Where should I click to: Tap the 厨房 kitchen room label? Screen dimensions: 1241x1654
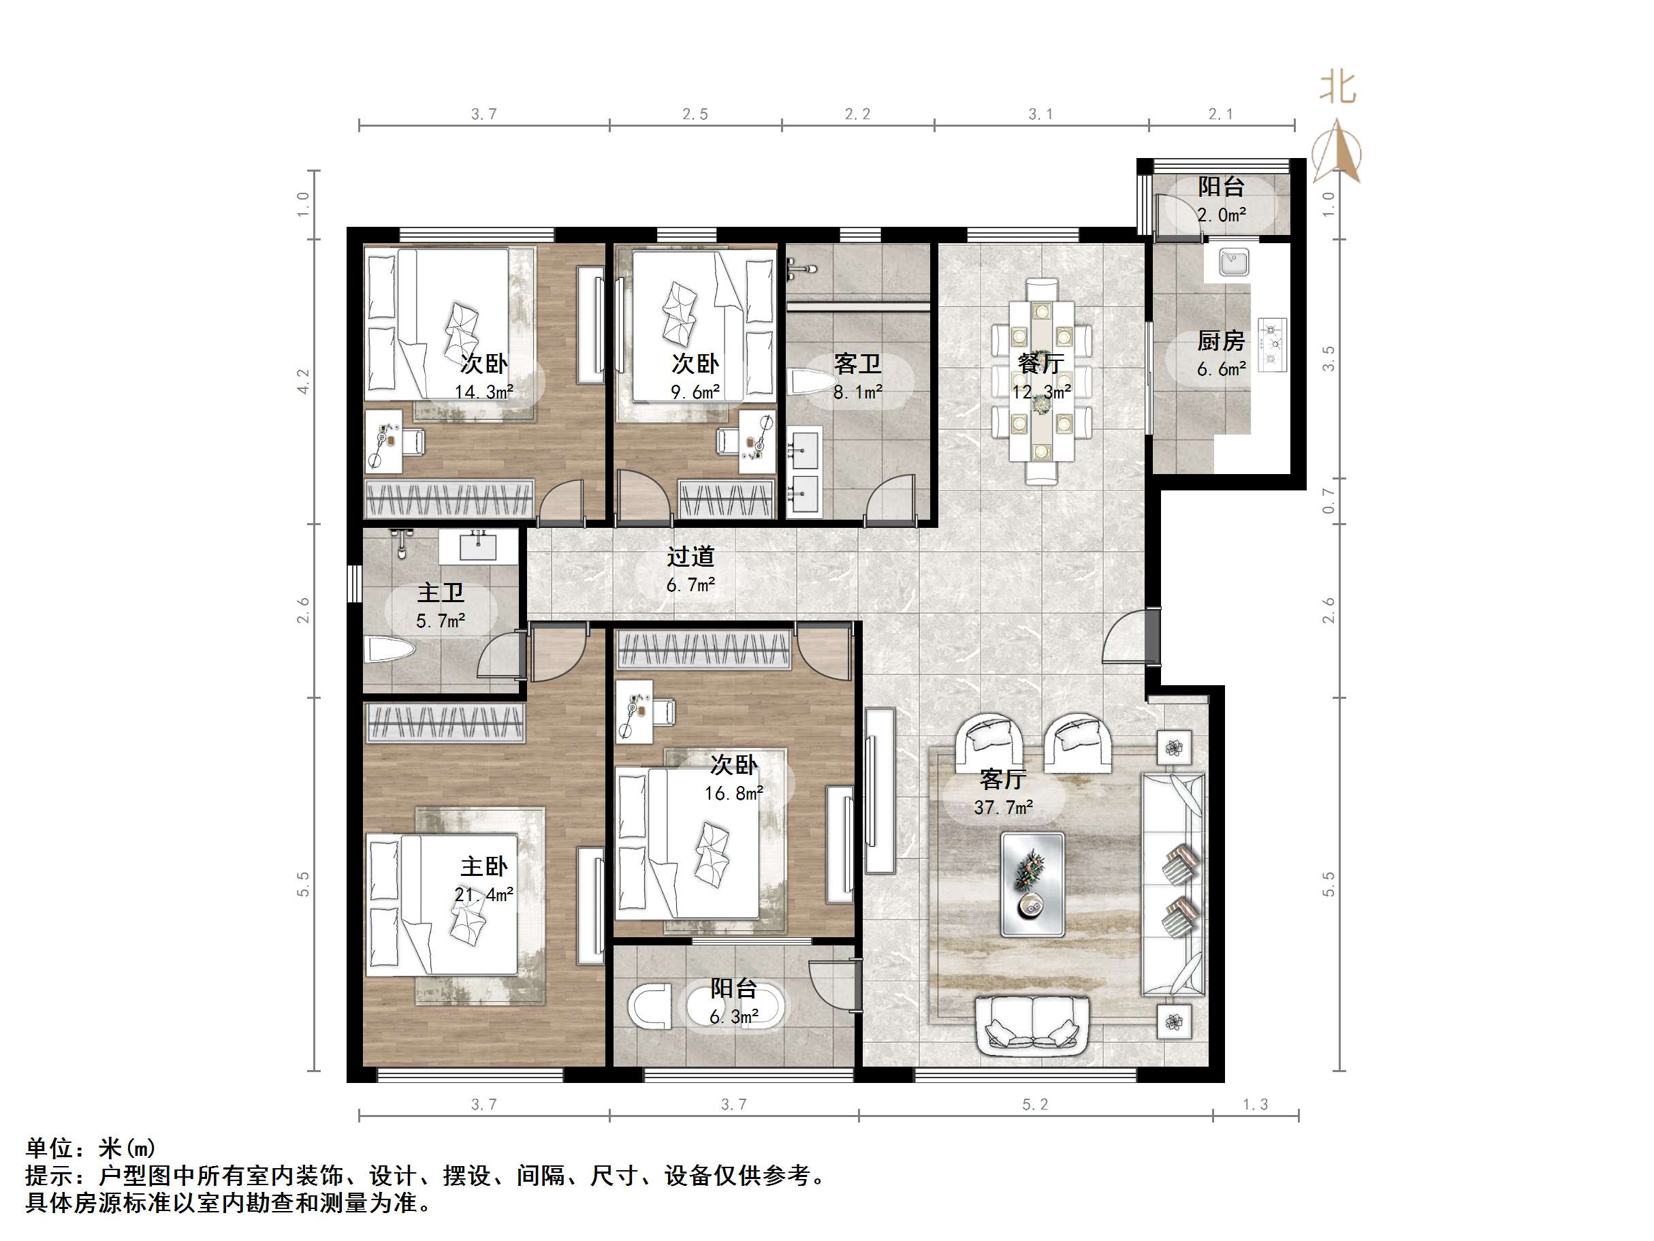pyautogui.click(x=1220, y=341)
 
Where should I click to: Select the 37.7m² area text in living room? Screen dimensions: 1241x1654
pyautogui.click(x=1004, y=807)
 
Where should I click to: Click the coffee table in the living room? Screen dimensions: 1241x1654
pyautogui.click(x=1032, y=884)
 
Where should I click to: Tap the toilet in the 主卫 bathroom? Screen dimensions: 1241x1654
pyautogui.click(x=389, y=649)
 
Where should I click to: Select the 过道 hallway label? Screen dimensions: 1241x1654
pyautogui.click(x=690, y=556)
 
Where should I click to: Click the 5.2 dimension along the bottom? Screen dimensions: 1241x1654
pyautogui.click(x=1035, y=1104)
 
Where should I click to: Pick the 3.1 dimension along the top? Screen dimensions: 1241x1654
pyautogui.click(x=1040, y=114)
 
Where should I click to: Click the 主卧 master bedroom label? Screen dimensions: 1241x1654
pyautogui.click(x=483, y=867)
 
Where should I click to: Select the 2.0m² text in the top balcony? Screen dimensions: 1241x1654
pyautogui.click(x=1221, y=215)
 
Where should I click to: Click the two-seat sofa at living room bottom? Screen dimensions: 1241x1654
pyautogui.click(x=1032, y=1025)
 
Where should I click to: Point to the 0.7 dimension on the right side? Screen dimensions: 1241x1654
pyautogui.click(x=1328, y=501)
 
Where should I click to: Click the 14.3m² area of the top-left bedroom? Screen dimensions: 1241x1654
pyautogui.click(x=483, y=392)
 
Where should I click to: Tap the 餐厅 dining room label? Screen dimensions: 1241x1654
pyautogui.click(x=1041, y=364)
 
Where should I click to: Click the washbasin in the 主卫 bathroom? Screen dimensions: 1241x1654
pyautogui.click(x=477, y=547)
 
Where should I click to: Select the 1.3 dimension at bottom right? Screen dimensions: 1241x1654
pyautogui.click(x=1255, y=1104)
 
